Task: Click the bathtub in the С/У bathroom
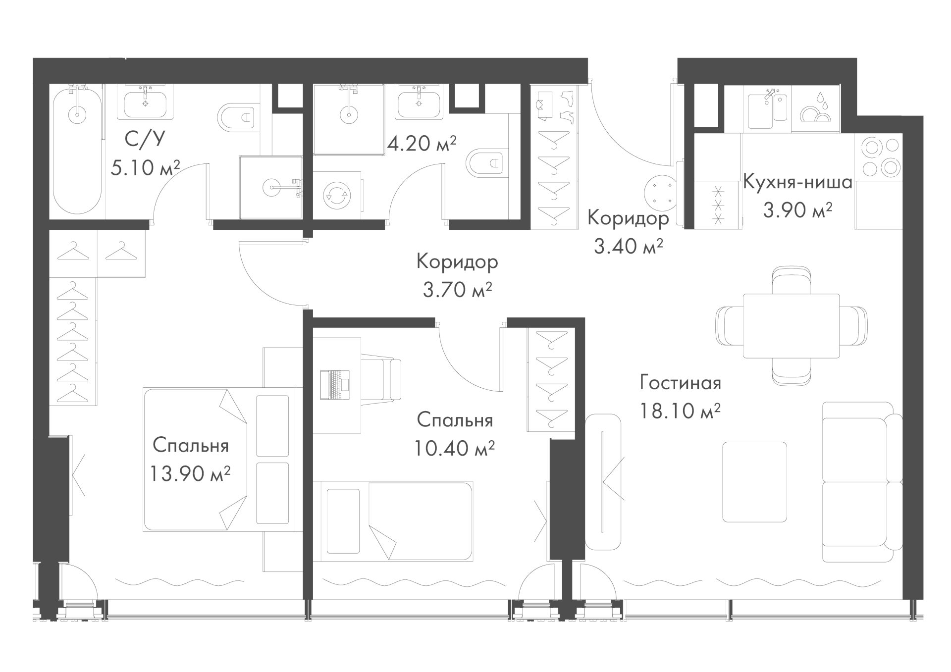pos(77,151)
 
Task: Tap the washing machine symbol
pos(337,195)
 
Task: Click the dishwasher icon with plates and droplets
pos(815,109)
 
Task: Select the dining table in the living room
pos(791,326)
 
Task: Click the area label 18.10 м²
pos(680,411)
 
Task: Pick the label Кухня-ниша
pos(797,183)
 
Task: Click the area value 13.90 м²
pos(190,474)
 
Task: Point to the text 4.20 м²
pos(422,144)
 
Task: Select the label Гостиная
pos(680,383)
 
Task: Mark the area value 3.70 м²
pos(457,290)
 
